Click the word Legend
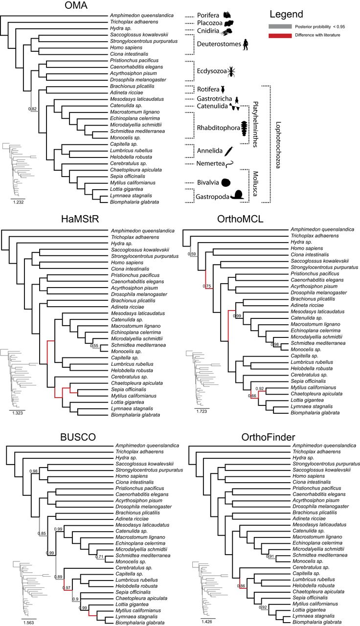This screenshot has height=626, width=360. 288,14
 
